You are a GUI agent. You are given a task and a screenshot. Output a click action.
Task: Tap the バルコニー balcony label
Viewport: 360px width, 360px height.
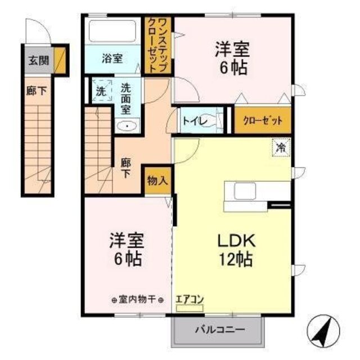coord(220,329)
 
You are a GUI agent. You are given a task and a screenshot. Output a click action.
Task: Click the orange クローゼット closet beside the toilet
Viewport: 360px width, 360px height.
coord(263,120)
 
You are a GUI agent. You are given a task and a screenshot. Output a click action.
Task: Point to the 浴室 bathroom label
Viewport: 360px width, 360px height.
coord(112,58)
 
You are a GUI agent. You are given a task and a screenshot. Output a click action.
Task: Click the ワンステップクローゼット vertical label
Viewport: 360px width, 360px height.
coord(159,45)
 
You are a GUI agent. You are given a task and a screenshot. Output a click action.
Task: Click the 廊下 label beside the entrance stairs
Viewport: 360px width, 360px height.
coord(34,90)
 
